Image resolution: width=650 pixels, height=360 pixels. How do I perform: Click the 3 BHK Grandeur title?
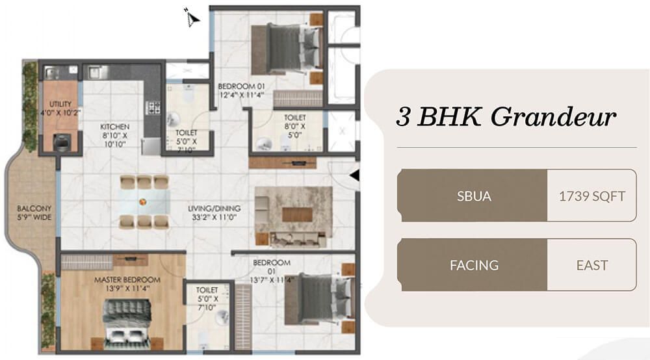coord(506,118)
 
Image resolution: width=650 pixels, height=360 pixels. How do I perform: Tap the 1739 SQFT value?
coord(591,196)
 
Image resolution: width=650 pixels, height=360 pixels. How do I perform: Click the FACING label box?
coord(474,265)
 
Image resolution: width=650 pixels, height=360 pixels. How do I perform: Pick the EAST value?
coord(591,265)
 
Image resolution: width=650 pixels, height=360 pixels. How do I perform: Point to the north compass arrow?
coord(192,19)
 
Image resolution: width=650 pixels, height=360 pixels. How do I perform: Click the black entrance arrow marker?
coord(354,175)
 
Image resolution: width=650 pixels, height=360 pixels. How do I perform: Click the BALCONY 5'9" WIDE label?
coord(34,213)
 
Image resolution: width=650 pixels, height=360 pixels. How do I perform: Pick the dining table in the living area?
coord(144,201)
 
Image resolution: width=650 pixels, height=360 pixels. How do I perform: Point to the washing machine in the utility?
coord(62,142)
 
